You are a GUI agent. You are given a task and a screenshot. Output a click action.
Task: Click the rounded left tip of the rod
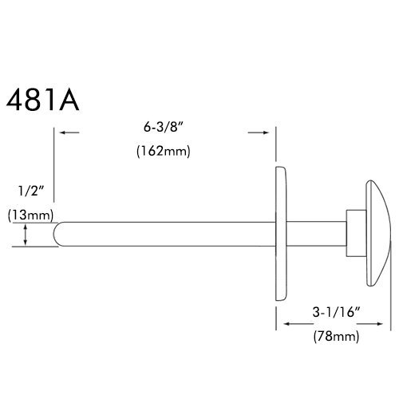[x=57, y=234]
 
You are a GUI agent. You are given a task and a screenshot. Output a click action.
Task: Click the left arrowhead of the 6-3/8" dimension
[x=63, y=133]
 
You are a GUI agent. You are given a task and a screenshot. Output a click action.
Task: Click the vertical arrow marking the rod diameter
[x=28, y=235]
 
